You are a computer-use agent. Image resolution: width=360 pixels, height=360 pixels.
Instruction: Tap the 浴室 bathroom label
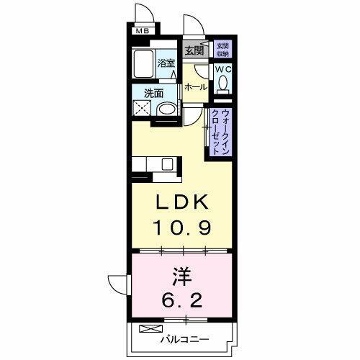click(x=166, y=63)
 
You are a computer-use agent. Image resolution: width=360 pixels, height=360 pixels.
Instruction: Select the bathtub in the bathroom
click(x=145, y=66)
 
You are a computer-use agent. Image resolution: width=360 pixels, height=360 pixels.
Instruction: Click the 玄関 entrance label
click(x=193, y=50)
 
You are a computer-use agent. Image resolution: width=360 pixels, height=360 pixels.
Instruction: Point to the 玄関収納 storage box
click(x=222, y=50)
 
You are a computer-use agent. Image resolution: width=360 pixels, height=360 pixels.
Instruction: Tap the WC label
click(x=224, y=70)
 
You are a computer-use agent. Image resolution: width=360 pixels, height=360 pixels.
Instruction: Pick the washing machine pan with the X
click(x=143, y=110)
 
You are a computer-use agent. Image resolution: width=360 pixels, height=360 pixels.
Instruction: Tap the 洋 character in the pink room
click(x=181, y=275)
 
